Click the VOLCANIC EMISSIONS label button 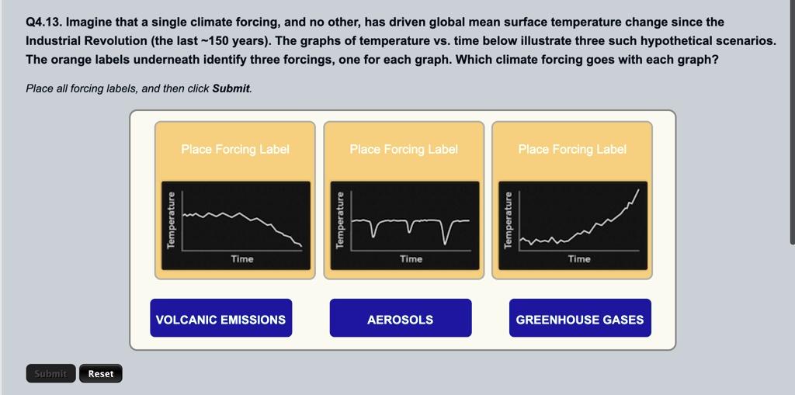pos(220,319)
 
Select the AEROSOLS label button pos(400,319)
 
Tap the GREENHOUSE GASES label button pos(579,319)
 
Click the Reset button pos(100,373)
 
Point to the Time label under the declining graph pos(242,259)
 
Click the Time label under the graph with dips pos(411,259)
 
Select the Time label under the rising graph pos(579,259)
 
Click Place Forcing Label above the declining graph pos(235,149)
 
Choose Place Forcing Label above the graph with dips pos(404,149)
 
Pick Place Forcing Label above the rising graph pos(572,149)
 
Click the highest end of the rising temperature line pos(640,189)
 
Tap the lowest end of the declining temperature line pos(302,246)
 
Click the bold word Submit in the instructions pos(231,88)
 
